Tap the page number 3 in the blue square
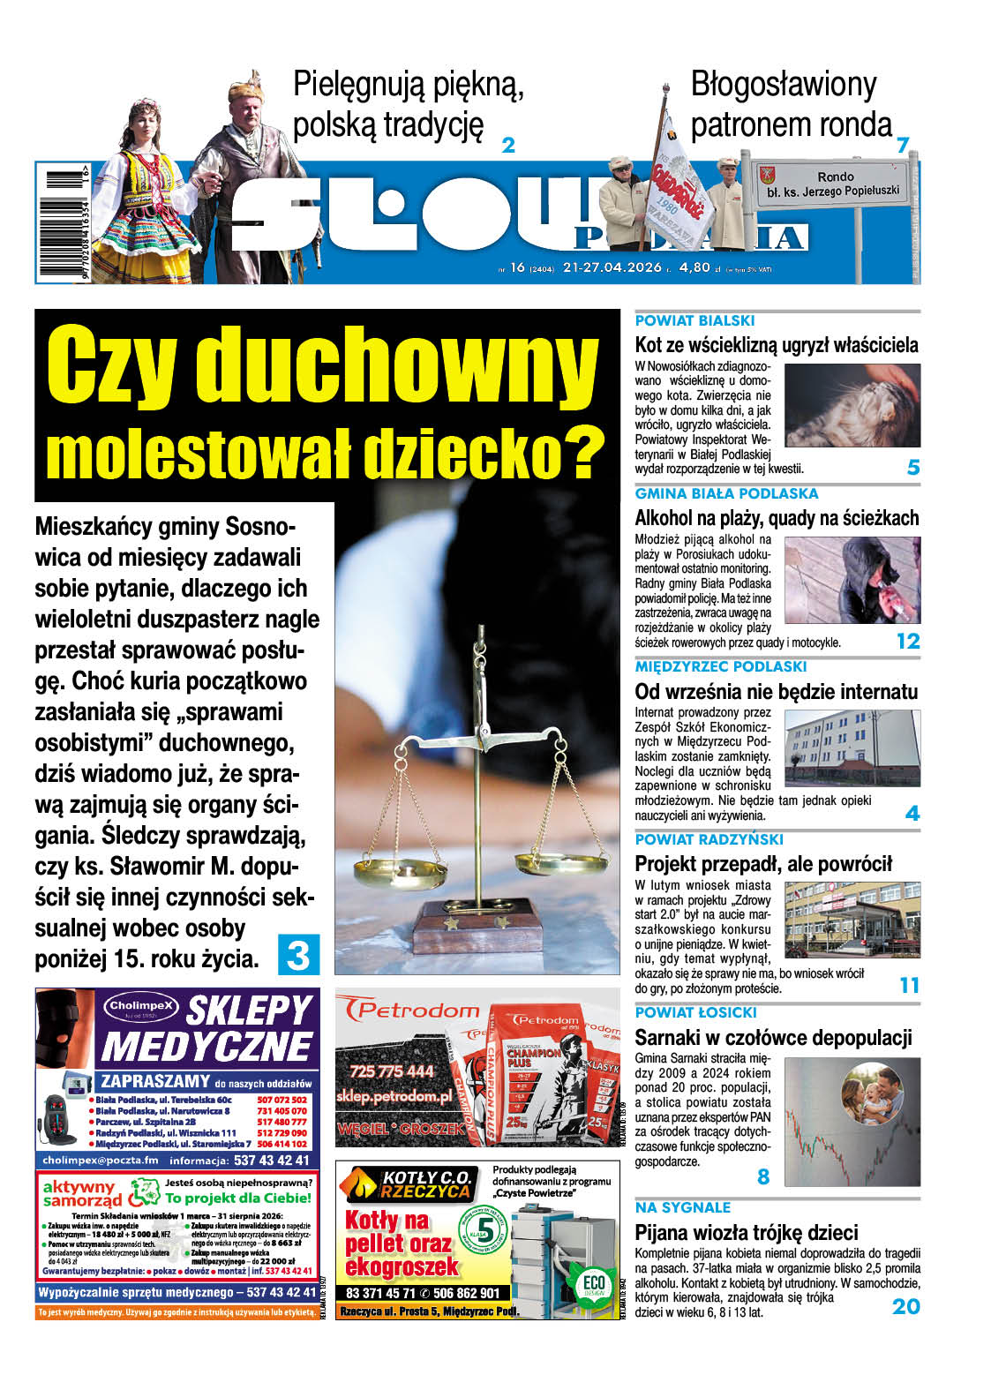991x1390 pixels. [x=298, y=954]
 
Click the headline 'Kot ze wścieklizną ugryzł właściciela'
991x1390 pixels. [x=777, y=345]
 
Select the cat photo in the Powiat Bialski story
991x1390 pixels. [x=852, y=406]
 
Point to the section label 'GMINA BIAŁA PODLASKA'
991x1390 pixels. [x=726, y=493]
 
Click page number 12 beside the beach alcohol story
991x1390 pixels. [x=907, y=641]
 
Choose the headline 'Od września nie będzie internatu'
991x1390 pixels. [x=777, y=691]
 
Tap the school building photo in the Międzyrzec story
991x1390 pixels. [x=852, y=748]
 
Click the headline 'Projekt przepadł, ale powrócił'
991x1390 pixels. [x=763, y=864]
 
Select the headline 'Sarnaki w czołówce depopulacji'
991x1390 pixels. [x=773, y=1037]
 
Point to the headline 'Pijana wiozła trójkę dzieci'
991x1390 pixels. [x=746, y=1232]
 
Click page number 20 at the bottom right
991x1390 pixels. [x=905, y=1306]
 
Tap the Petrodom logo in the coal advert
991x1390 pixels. [x=408, y=1009]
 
